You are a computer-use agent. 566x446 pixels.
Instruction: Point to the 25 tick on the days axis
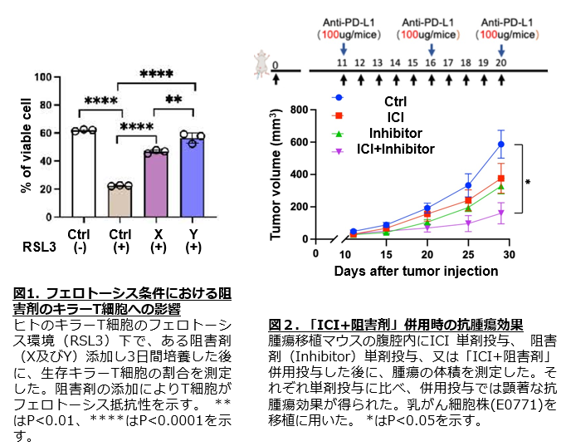[468, 253]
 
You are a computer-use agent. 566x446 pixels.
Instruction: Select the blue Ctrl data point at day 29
[500, 145]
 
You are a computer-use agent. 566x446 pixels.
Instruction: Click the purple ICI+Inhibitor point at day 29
[500, 213]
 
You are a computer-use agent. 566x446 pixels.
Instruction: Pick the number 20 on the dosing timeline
[500, 63]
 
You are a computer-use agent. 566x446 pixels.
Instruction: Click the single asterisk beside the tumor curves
[528, 180]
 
